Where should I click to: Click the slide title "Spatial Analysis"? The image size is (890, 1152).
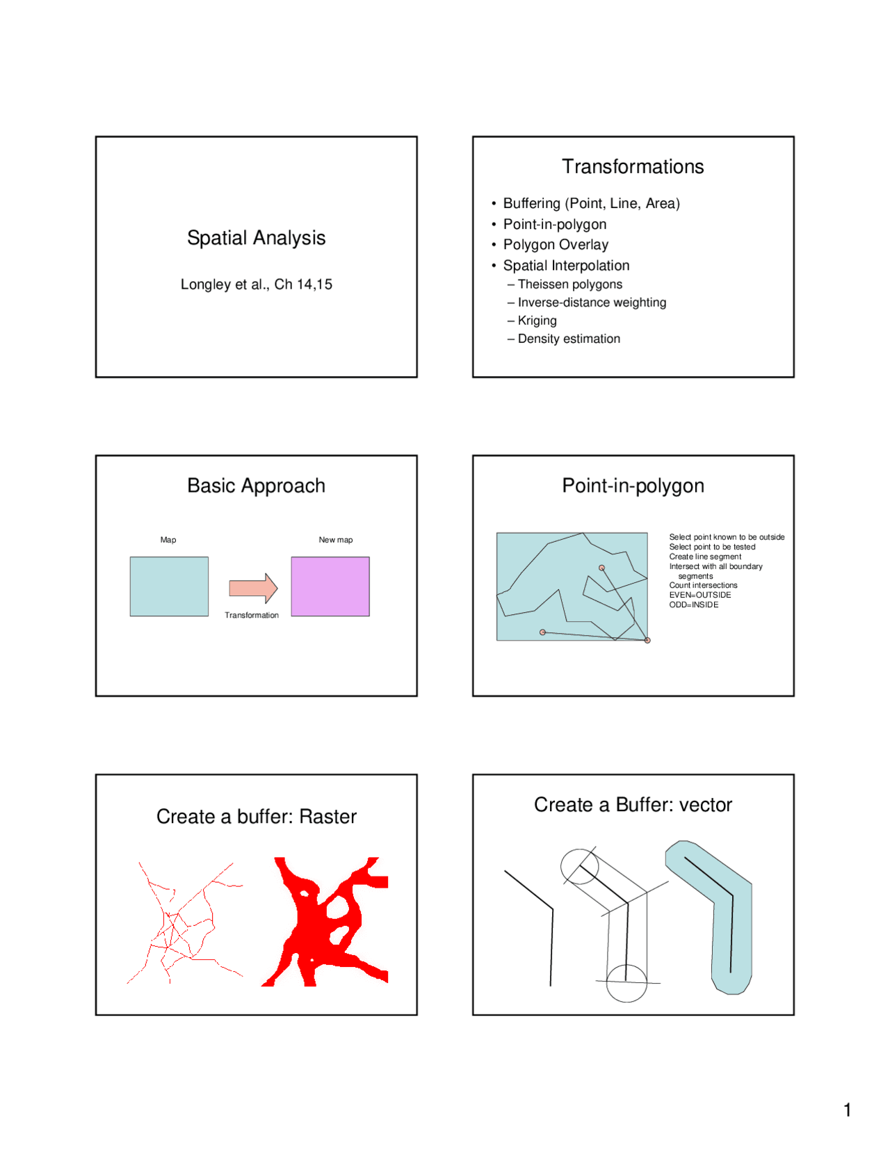[256, 238]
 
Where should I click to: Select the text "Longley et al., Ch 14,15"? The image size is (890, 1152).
[257, 284]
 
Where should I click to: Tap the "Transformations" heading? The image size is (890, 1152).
[633, 166]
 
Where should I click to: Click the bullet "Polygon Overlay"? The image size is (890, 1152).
[556, 244]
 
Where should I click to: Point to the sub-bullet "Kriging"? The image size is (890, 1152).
[537, 321]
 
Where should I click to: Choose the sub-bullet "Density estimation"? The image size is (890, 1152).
[569, 339]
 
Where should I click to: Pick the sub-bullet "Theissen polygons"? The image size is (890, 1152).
[570, 284]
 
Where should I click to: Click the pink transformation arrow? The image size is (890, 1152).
[253, 588]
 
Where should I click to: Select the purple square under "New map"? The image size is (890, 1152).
[330, 586]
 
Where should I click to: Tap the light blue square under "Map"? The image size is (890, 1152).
[169, 586]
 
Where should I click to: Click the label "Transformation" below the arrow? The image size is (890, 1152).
[252, 615]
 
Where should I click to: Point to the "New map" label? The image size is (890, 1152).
[336, 540]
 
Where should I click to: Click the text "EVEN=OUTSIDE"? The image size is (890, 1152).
[699, 595]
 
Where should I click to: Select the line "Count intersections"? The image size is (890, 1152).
[703, 585]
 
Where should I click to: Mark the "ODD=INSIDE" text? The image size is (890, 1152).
[694, 605]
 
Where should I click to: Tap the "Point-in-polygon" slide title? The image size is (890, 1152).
[633, 486]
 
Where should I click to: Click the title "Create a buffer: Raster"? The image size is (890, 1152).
[257, 817]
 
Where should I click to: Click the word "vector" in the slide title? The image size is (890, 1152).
[706, 805]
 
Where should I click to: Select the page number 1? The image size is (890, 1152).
[847, 1110]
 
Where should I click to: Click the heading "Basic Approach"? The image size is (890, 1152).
[257, 486]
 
